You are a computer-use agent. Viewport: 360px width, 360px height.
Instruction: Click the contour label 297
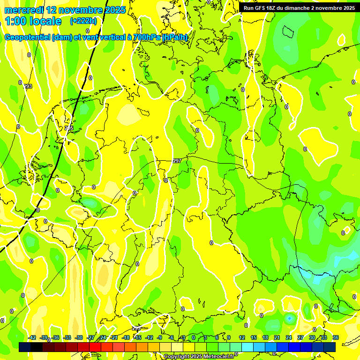(177, 161)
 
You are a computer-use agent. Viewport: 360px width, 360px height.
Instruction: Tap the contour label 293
(28, 86)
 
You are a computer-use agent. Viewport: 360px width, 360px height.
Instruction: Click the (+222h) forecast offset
(83, 21)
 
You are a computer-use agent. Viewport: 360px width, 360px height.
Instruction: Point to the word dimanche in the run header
(300, 8)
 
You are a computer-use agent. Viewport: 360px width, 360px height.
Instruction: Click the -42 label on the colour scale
(32, 337)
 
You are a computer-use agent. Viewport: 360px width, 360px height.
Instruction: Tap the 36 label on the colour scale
(336, 337)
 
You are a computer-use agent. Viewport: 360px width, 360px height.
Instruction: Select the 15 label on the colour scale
(254, 337)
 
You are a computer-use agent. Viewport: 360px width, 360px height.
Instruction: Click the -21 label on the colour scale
(114, 337)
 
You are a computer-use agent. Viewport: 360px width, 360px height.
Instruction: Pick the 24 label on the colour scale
(289, 337)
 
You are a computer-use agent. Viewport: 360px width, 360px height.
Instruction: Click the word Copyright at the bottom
(177, 357)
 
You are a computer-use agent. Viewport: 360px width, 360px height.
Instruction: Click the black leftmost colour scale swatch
(25, 347)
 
